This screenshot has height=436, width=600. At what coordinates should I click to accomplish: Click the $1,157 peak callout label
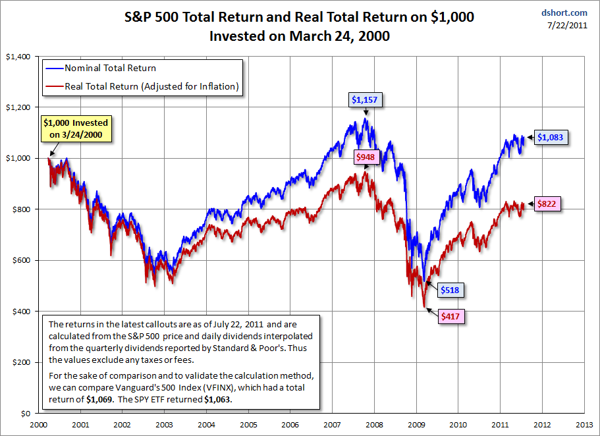(x=366, y=100)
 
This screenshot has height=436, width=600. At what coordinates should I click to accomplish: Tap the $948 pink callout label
(x=369, y=157)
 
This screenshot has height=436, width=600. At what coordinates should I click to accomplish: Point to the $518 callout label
(x=449, y=289)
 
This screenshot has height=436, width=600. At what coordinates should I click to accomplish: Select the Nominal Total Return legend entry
(x=109, y=68)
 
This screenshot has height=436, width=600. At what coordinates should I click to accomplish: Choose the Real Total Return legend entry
(x=151, y=86)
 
